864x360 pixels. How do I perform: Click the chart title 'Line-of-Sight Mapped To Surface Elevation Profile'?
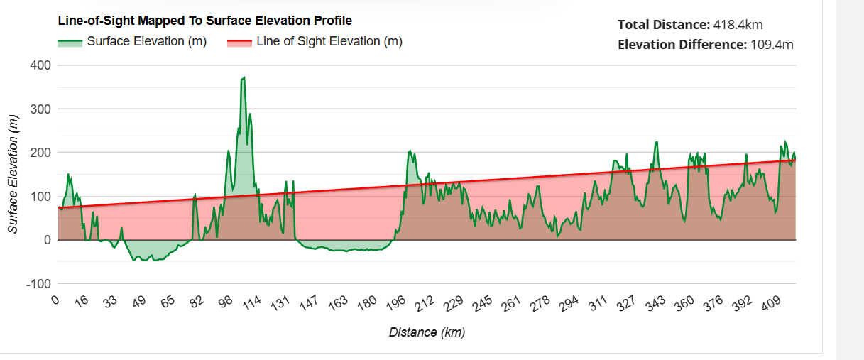[x=204, y=21]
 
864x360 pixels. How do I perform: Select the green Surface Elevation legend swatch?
[x=70, y=42]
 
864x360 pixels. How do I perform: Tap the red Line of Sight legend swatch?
[x=239, y=42]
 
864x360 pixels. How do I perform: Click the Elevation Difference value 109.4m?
[x=772, y=45]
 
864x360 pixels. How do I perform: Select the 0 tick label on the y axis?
[x=47, y=240]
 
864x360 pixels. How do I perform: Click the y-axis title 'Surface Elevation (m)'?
[x=13, y=174]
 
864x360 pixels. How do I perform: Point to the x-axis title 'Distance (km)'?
[x=427, y=332]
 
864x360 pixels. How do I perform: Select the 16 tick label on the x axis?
[x=81, y=302]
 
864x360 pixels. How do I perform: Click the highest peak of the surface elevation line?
[x=244, y=77]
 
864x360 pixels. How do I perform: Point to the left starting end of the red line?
[x=58, y=207]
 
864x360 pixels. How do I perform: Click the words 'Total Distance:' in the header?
[x=662, y=25]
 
